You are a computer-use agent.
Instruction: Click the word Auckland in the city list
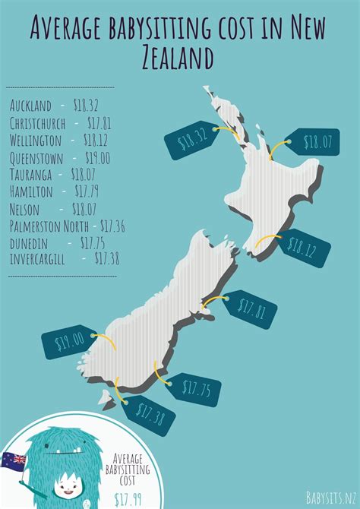pyautogui.click(x=30, y=105)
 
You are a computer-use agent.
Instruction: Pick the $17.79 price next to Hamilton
pyautogui.click(x=84, y=191)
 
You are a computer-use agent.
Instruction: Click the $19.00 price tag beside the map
pyautogui.click(x=68, y=343)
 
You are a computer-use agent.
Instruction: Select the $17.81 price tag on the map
pyautogui.click(x=250, y=308)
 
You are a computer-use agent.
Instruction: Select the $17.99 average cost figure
pyautogui.click(x=128, y=498)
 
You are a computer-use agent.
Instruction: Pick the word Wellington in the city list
pyautogui.click(x=36, y=141)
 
